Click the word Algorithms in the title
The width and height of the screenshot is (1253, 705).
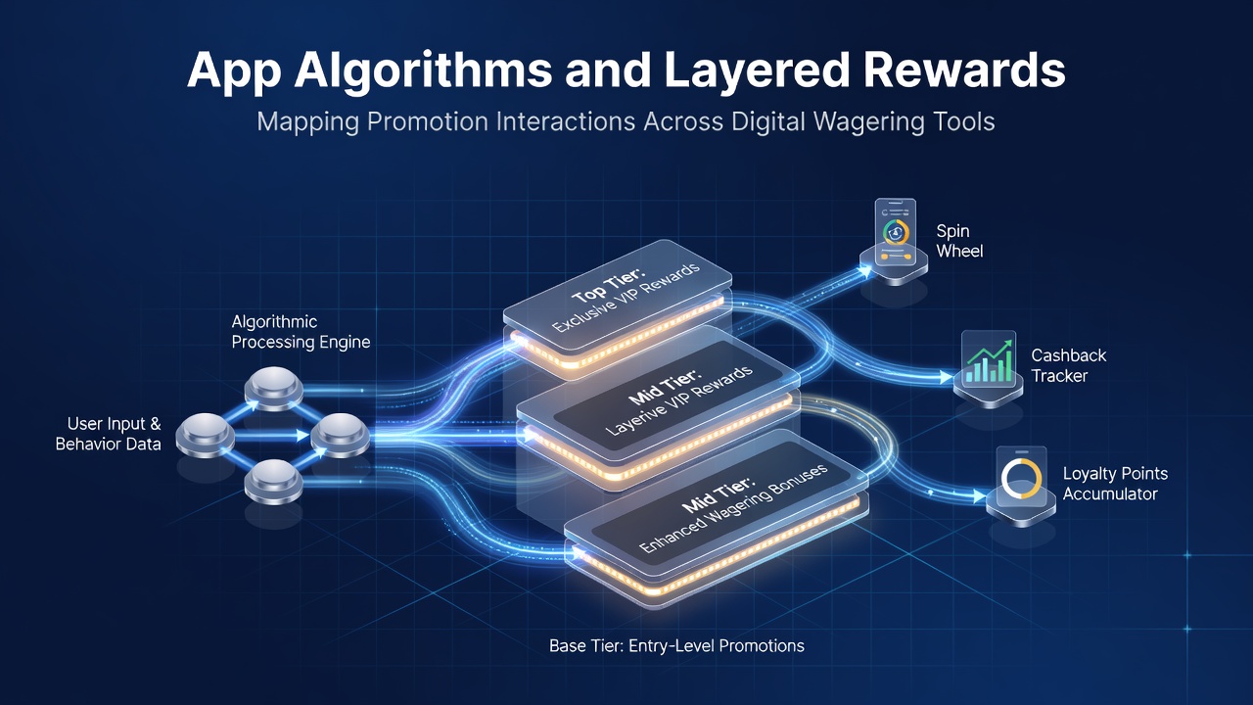(x=423, y=71)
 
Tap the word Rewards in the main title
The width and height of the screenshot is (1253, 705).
(x=964, y=70)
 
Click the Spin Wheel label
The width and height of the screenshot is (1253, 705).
(x=959, y=241)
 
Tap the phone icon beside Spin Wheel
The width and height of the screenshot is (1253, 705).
(x=895, y=231)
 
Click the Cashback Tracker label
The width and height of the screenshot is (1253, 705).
(x=1068, y=365)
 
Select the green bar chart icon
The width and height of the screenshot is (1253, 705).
(x=988, y=361)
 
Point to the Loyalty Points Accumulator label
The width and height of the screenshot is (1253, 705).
(x=1115, y=484)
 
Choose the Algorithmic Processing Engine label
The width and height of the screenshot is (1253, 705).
(x=301, y=332)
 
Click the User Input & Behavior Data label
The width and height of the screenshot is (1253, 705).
(x=108, y=434)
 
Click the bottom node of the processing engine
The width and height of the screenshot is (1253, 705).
(x=274, y=481)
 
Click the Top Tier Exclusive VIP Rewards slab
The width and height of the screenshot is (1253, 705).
(x=618, y=303)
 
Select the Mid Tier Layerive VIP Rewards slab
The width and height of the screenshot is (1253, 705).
(x=658, y=401)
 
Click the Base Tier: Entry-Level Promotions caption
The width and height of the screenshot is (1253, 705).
(x=676, y=645)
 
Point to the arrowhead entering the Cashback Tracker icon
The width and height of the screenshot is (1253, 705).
(x=947, y=377)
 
